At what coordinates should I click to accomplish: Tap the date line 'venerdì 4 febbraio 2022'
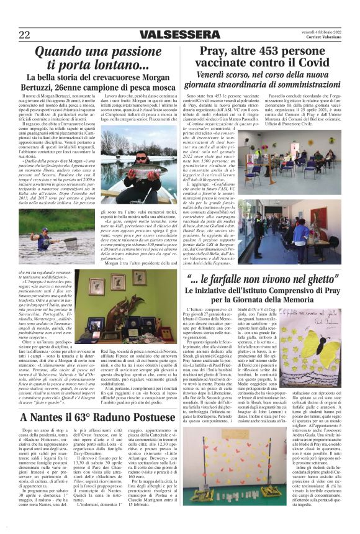click(x=318, y=31)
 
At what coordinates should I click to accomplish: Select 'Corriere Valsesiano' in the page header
click(x=323, y=38)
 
